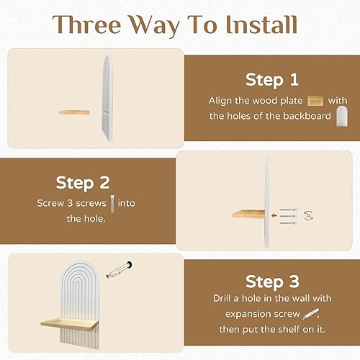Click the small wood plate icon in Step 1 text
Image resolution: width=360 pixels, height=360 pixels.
click(315, 101)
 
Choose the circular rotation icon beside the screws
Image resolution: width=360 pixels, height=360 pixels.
click(308, 214)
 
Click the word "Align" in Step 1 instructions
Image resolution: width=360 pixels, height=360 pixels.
click(222, 101)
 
